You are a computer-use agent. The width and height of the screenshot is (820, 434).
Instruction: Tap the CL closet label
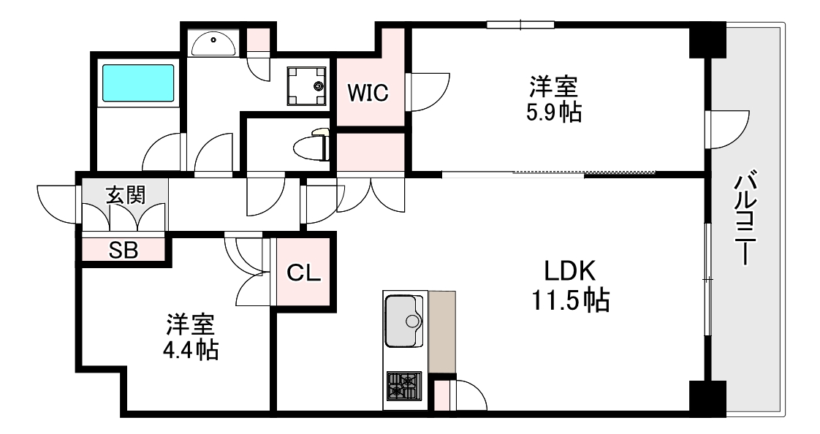pyautogui.click(x=304, y=273)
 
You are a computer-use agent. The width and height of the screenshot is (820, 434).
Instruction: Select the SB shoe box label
pyautogui.click(x=124, y=249)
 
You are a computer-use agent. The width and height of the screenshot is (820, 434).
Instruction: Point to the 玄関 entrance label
pyautogui.click(x=126, y=194)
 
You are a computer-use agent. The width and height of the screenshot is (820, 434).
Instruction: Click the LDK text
pyautogui.click(x=570, y=273)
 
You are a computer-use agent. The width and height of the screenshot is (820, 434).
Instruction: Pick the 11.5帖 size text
pyautogui.click(x=570, y=300)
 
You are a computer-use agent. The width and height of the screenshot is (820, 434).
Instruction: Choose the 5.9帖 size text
pyautogui.click(x=554, y=113)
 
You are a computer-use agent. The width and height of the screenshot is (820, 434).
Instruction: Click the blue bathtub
pyautogui.click(x=138, y=83)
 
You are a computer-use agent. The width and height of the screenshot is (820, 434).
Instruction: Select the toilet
pyautogui.click(x=313, y=145)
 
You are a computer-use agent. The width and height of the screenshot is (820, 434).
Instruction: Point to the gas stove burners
pyautogui.click(x=404, y=385)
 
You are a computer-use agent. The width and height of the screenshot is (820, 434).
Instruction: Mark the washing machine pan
pyautogui.click(x=307, y=85)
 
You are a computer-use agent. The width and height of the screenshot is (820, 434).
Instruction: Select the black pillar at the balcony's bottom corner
pyautogui.click(x=707, y=398)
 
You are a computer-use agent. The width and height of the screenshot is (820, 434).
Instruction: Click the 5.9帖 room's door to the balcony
pyautogui.click(x=728, y=129)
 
